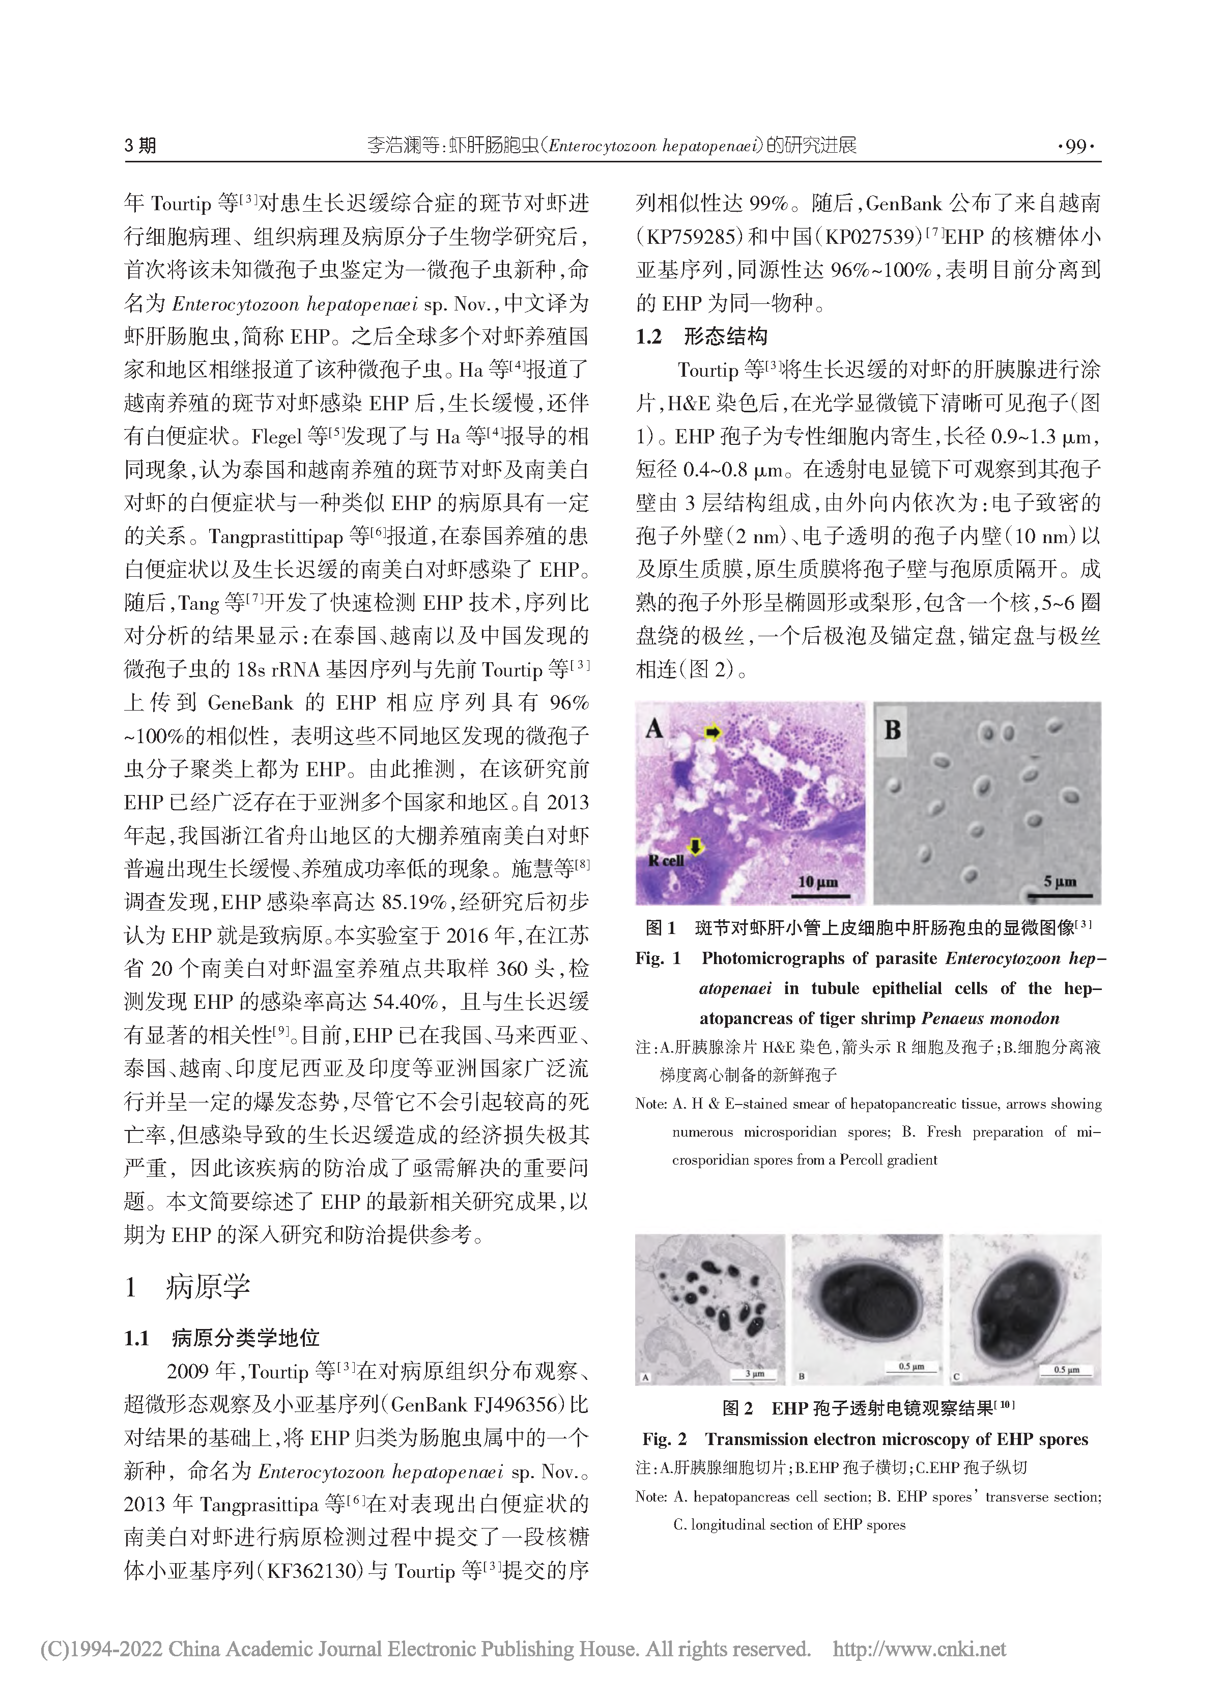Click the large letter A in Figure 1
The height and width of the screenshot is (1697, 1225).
point(655,728)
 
